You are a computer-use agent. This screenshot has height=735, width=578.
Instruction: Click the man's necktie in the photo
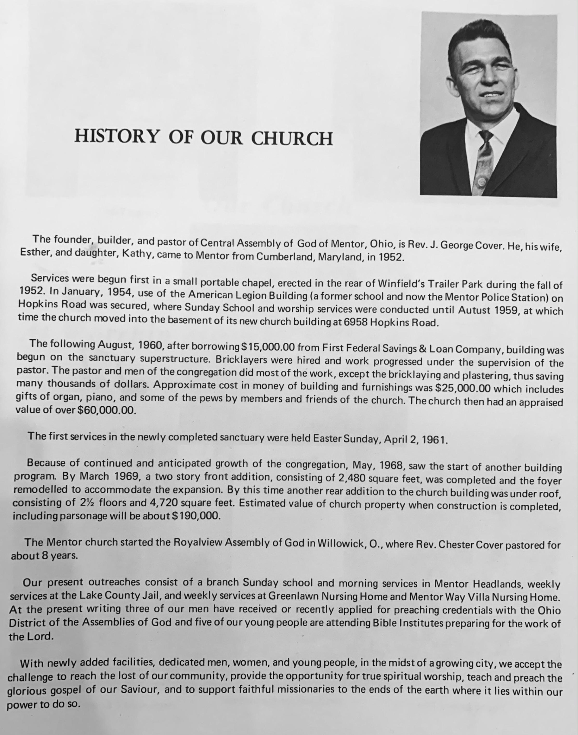click(x=483, y=162)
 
